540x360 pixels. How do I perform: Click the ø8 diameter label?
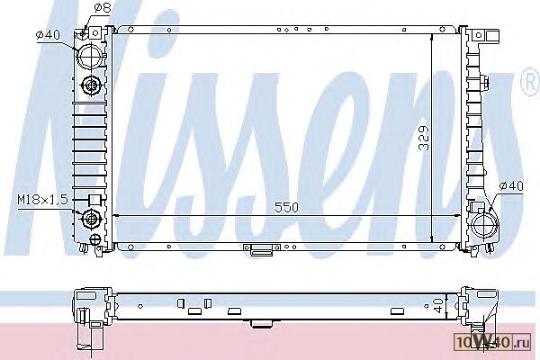[102, 8]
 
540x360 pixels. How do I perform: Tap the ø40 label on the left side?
[49, 35]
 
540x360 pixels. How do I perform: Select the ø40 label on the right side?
[511, 186]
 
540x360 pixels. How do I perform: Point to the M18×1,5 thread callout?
[43, 200]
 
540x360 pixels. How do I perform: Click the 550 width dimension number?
[286, 207]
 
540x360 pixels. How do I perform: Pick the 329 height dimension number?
[424, 138]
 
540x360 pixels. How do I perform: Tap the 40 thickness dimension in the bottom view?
[438, 306]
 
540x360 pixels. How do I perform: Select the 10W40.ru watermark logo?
[492, 342]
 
